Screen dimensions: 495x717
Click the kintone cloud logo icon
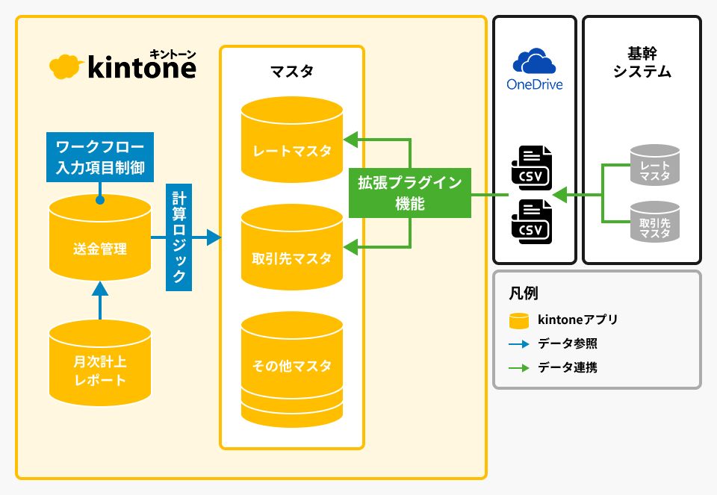(65, 66)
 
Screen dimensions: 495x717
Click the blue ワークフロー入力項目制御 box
(99, 155)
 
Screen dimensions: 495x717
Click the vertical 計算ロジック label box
(179, 237)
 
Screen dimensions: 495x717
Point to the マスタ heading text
(291, 72)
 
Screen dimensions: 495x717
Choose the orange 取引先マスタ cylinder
(292, 250)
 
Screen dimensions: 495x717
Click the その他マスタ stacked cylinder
(292, 370)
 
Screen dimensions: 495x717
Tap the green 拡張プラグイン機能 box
(410, 193)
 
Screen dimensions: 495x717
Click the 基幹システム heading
(642, 63)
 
